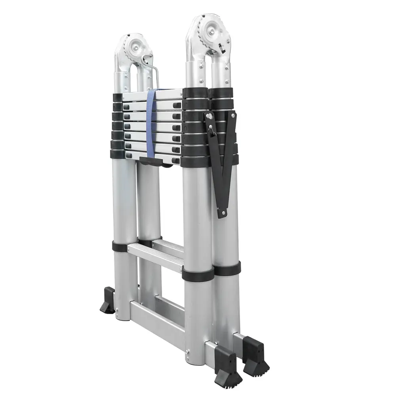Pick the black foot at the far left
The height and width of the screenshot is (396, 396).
click(x=107, y=301)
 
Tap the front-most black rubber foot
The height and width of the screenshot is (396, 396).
click(x=228, y=364)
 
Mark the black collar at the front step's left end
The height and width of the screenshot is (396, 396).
click(x=120, y=247)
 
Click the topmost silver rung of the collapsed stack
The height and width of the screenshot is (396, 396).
click(x=152, y=95)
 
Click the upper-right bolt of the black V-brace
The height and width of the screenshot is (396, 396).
click(x=233, y=116)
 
